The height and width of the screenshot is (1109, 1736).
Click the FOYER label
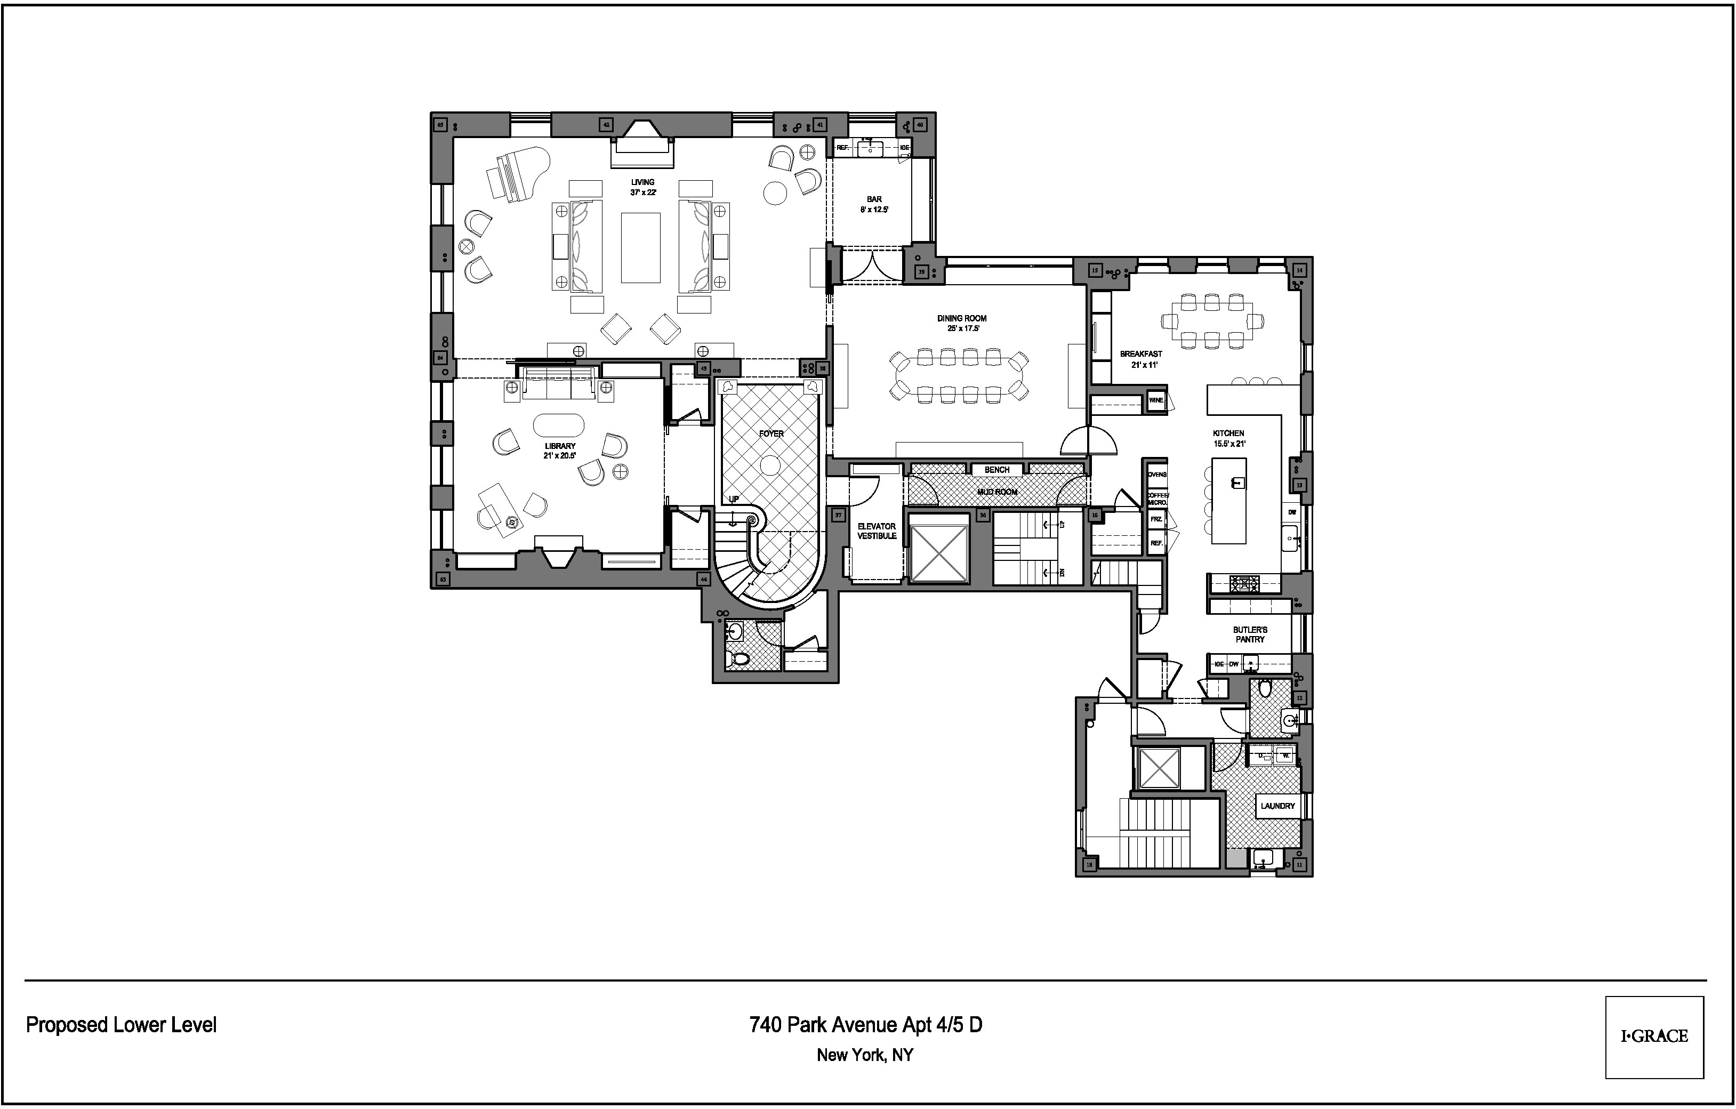pyautogui.click(x=770, y=434)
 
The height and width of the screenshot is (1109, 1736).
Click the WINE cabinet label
pyautogui.click(x=1156, y=401)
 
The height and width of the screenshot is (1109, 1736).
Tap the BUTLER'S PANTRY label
pyautogui.click(x=1249, y=634)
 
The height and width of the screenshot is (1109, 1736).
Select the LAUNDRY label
pyautogui.click(x=1277, y=806)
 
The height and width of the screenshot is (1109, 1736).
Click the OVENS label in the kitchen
pyautogui.click(x=1156, y=475)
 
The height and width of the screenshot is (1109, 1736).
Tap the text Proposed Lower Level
pyautogui.click(x=121, y=1025)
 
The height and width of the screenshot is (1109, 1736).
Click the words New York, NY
pyautogui.click(x=864, y=1056)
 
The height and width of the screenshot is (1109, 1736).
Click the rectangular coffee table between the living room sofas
pyautogui.click(x=640, y=247)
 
